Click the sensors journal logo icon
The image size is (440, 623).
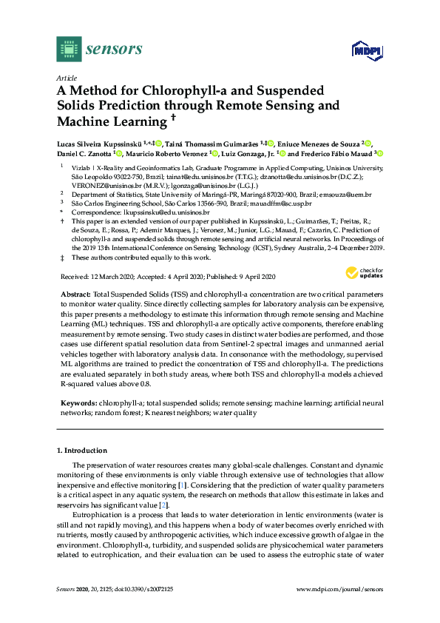click(x=69, y=49)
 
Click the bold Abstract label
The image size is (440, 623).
click(x=75, y=294)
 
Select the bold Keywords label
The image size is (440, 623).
click(x=77, y=403)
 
